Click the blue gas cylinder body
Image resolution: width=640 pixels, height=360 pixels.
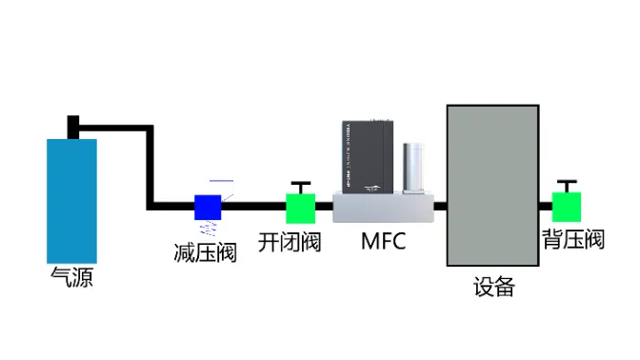72,200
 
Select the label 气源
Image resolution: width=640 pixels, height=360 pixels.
72,278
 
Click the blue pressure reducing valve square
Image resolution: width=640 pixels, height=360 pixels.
208,206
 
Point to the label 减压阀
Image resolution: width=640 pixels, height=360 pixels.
205,252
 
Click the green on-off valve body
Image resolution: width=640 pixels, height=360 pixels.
301,207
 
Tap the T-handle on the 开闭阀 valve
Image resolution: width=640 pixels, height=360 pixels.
301,185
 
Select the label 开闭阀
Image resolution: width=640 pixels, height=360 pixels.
290,242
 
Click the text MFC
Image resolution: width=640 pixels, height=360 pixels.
383,242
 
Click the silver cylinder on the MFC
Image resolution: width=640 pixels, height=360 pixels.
414,168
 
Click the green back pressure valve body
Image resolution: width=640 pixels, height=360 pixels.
567,206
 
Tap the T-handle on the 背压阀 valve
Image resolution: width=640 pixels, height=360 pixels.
567,183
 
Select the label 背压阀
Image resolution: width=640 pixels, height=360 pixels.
573,239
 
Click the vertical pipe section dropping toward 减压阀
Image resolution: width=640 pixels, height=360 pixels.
150,167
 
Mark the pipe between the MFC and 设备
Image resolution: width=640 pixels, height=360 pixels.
440,206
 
